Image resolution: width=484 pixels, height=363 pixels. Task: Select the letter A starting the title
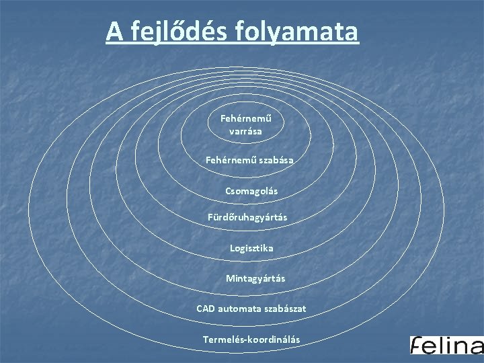115,31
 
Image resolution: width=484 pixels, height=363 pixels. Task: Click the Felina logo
446,345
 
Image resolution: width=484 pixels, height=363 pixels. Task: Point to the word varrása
245,132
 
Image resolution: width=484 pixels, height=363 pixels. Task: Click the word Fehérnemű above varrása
245,119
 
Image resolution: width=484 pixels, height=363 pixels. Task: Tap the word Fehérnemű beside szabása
229,161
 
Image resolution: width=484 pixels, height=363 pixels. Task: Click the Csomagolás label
251,192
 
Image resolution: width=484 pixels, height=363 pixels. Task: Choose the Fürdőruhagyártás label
248,217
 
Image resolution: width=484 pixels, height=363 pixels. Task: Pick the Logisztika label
251,248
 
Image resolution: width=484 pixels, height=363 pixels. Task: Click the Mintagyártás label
255,278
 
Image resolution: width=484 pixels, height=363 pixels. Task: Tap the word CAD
206,309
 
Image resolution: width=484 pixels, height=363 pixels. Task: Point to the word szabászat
284,309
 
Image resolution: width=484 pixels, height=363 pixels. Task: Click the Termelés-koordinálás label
251,339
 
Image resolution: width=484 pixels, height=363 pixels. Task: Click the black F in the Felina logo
417,345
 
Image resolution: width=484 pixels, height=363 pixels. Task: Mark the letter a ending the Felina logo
475,347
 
